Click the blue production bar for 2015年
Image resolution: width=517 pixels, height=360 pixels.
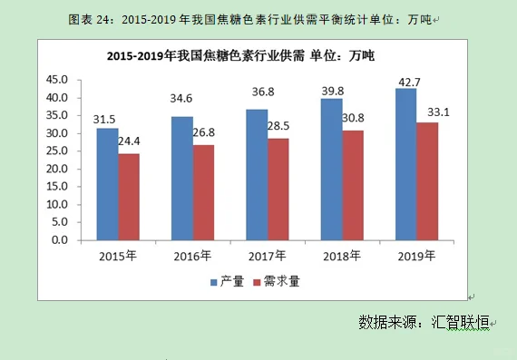[107, 184]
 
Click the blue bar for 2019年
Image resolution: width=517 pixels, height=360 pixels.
[405, 164]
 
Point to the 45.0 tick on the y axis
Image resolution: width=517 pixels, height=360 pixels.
[58, 79]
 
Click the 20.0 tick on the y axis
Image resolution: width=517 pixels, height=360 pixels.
[58, 169]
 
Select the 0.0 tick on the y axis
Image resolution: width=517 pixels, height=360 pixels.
[62, 240]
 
